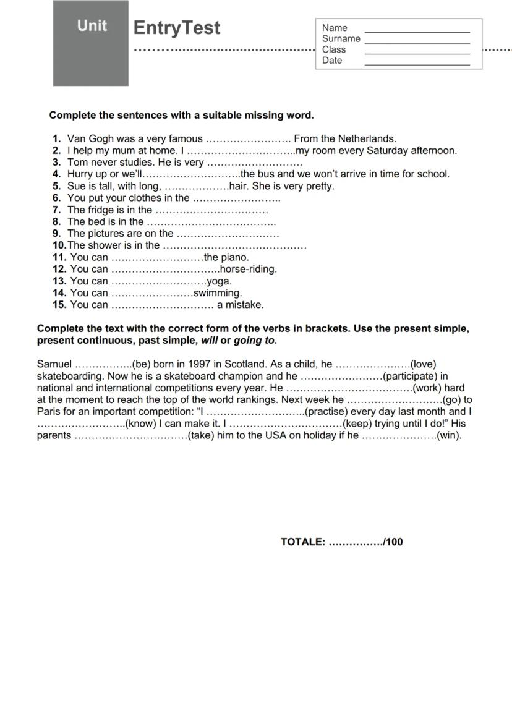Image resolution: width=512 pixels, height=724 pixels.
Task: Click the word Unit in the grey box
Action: point(92,26)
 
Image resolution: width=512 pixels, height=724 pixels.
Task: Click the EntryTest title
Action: point(177,28)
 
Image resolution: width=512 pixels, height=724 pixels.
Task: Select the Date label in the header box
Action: point(332,61)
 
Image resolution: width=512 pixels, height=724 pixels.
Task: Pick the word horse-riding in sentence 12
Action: point(249,270)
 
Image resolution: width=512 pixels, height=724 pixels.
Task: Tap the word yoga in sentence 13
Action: point(219,281)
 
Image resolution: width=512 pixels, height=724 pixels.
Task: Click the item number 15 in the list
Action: point(59,305)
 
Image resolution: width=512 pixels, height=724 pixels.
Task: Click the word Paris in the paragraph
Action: point(49,412)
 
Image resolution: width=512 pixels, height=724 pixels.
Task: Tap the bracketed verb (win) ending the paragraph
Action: point(449,435)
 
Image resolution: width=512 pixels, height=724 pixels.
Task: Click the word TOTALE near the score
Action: point(302,542)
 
